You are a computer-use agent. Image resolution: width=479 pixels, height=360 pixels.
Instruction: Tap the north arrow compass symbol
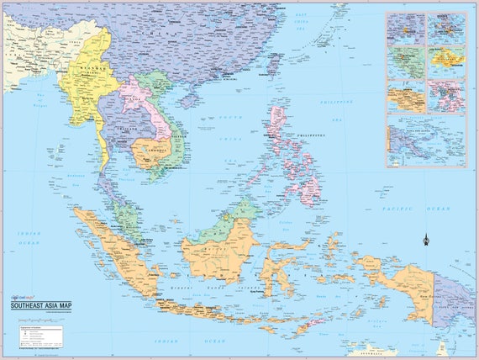coord(426,240)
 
